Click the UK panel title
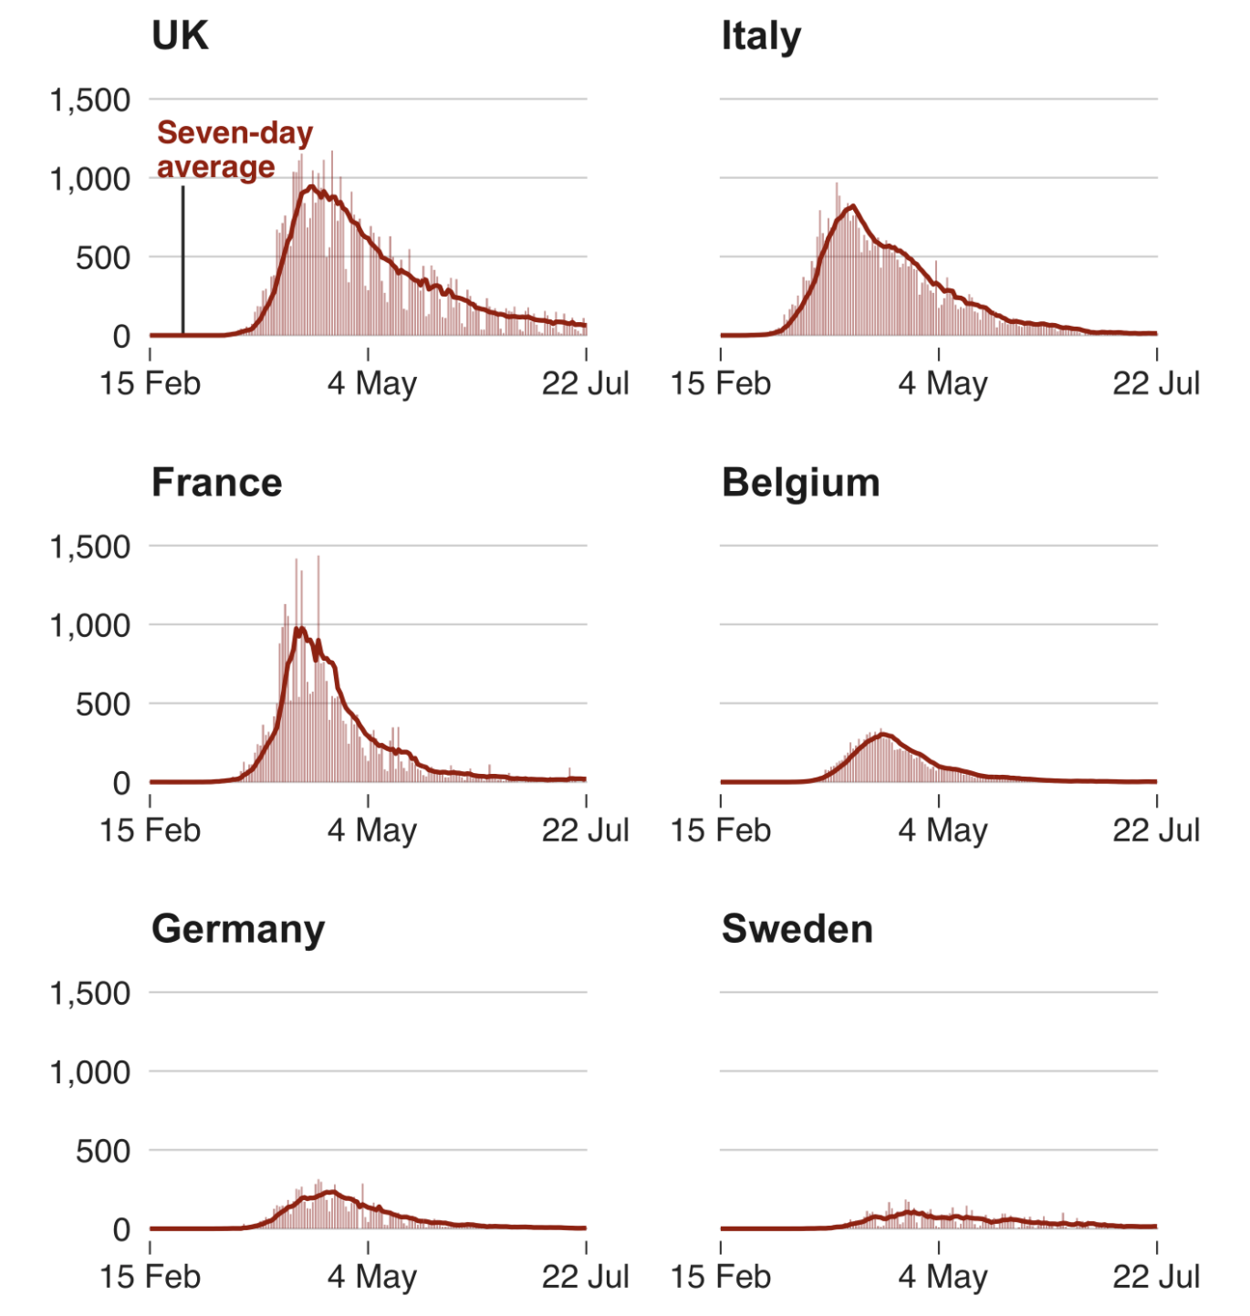(x=180, y=37)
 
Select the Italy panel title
(x=761, y=37)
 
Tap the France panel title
(x=216, y=483)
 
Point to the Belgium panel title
(x=800, y=483)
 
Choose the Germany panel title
(x=238, y=929)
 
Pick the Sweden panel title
(x=797, y=929)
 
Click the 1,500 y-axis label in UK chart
(x=89, y=100)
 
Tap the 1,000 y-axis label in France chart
(x=89, y=626)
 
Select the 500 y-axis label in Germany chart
(x=102, y=1151)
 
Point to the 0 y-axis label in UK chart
(x=121, y=337)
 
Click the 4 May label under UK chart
(x=371, y=383)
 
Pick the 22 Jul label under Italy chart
(x=1155, y=383)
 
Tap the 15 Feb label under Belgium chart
(x=720, y=830)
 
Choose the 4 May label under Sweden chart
(x=942, y=1277)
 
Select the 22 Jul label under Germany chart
(x=585, y=1277)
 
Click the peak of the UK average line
(x=311, y=187)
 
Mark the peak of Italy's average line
(x=852, y=206)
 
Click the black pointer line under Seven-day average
(x=182, y=260)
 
